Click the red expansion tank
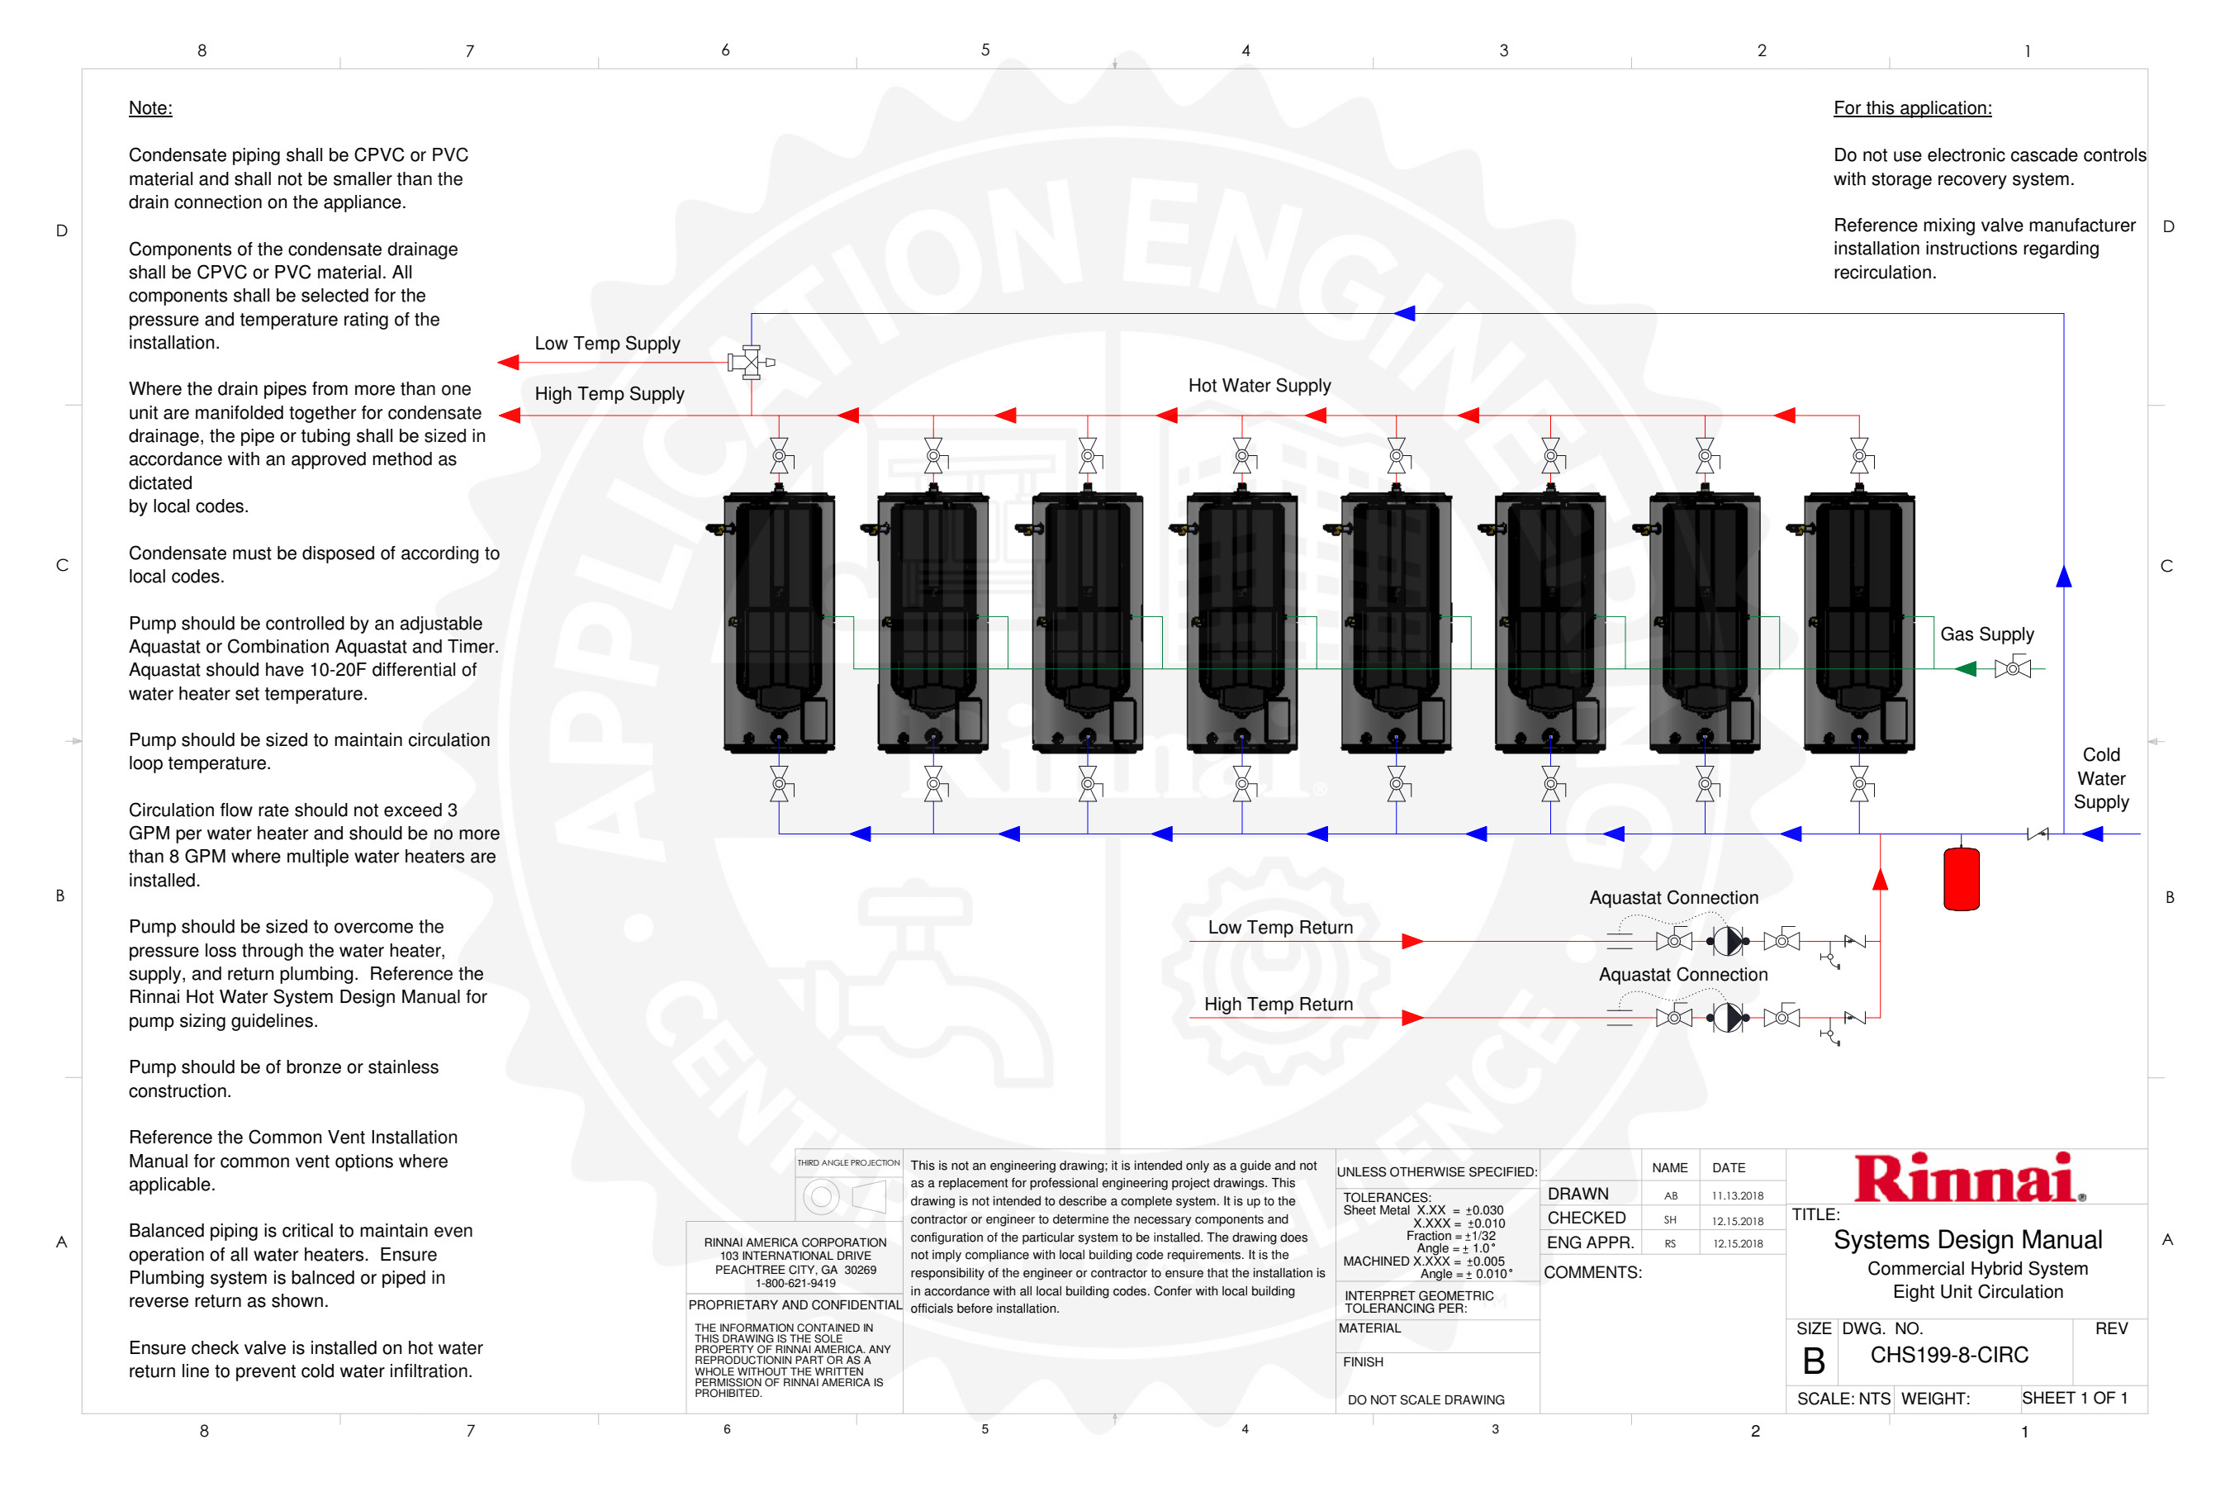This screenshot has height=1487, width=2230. [1961, 877]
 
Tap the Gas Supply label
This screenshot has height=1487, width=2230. [1986, 634]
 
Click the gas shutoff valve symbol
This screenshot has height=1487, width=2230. [2012, 668]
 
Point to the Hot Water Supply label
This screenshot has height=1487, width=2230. [1259, 386]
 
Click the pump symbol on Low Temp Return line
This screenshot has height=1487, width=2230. [1728, 941]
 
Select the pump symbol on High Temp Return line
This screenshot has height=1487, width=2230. [1728, 1018]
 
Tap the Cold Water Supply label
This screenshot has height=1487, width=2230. [2101, 778]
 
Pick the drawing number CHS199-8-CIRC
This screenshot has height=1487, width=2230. [1949, 1355]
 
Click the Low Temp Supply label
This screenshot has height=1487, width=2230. [607, 344]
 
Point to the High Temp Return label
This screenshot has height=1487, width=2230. [1278, 1005]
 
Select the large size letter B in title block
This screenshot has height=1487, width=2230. [1813, 1361]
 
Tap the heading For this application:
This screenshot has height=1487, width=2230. [1912, 108]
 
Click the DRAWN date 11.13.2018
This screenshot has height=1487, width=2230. [1737, 1196]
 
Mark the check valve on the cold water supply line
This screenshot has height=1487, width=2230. [2037, 834]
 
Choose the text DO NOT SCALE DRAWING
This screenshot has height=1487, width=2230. [1426, 1399]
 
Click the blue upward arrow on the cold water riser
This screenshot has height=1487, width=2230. [2063, 576]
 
